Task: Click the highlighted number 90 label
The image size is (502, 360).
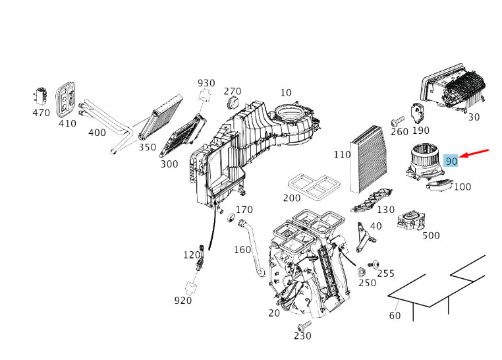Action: point(451,160)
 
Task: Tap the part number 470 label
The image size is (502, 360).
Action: point(41,113)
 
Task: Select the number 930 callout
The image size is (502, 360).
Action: point(206,83)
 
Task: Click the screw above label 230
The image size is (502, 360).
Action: point(304,326)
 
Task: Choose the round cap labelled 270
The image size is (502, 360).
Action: point(233,104)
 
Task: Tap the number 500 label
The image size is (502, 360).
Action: point(431,235)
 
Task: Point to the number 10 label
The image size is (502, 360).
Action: point(286,92)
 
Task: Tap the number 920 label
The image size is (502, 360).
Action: point(182,301)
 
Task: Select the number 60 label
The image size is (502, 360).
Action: point(395,315)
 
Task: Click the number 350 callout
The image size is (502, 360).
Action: point(148,147)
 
